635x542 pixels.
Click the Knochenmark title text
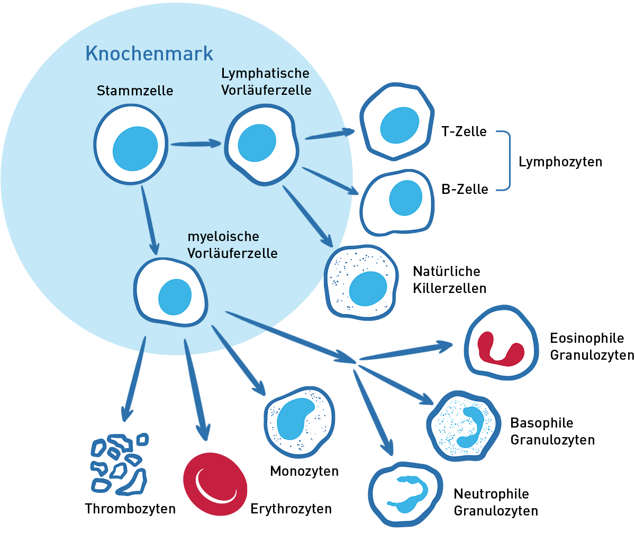point(149,54)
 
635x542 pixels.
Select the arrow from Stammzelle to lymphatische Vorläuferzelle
point(195,144)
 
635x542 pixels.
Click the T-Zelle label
point(464,131)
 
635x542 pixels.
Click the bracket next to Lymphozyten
point(509,160)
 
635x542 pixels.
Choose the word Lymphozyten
point(560,162)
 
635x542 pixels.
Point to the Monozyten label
point(304,471)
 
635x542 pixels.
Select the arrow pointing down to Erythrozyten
point(196,387)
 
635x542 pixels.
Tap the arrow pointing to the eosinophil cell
point(407,352)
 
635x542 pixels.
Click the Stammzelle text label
point(135,91)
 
